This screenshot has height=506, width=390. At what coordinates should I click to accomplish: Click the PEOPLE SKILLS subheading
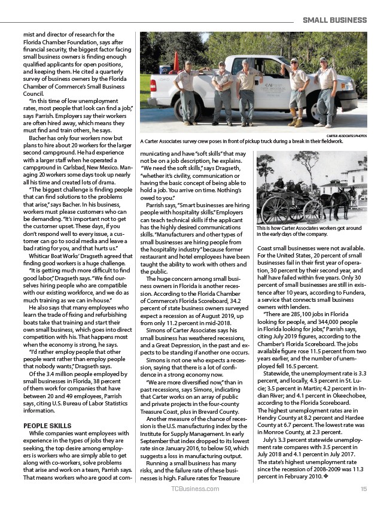[47, 426]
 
